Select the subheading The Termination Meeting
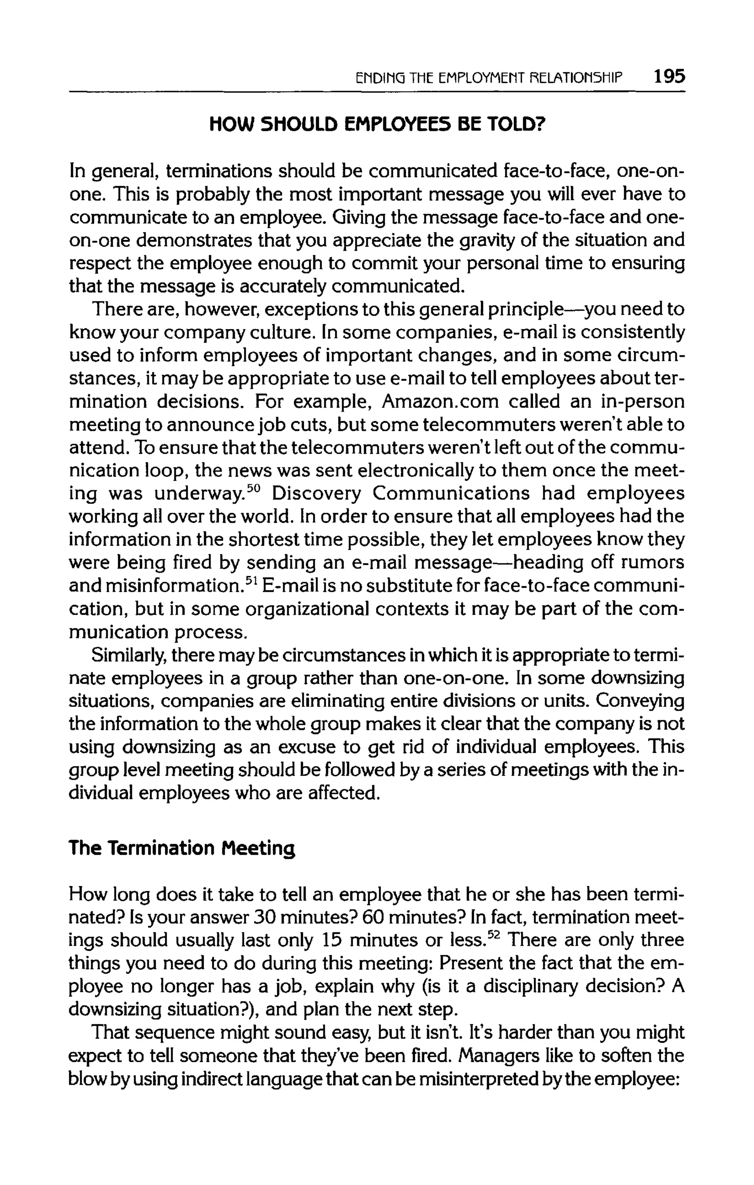click(182, 848)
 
